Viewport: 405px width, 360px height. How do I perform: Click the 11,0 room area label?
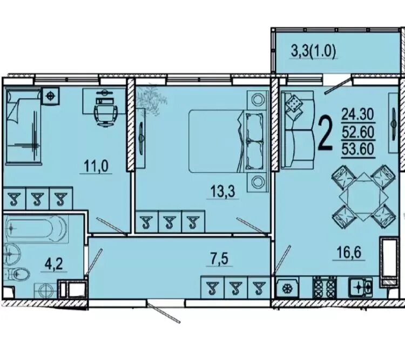(x=96, y=166)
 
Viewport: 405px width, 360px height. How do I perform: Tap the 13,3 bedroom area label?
(x=222, y=192)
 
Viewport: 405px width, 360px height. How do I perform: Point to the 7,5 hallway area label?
(x=220, y=259)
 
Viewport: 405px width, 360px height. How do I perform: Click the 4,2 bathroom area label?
(x=53, y=264)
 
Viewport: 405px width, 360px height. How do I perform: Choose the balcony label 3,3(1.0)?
(x=314, y=51)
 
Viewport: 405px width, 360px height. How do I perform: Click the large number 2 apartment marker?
(x=326, y=133)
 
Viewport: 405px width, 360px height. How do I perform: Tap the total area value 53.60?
(x=358, y=150)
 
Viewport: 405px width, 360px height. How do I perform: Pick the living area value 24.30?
(x=358, y=114)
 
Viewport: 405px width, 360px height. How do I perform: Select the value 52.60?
(x=358, y=132)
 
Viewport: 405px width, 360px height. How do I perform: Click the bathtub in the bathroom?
(x=36, y=228)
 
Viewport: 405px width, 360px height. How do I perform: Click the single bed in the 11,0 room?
(x=24, y=126)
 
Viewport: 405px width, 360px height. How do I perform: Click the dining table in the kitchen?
(x=363, y=197)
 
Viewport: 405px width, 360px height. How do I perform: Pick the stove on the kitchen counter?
(x=325, y=287)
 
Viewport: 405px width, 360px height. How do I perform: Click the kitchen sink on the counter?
(x=360, y=287)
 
